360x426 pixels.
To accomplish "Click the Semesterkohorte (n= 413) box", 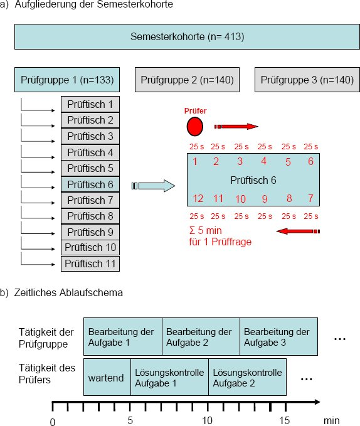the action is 187,36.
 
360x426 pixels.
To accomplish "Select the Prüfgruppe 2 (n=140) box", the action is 187,80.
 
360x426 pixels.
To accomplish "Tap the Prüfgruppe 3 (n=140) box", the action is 307,80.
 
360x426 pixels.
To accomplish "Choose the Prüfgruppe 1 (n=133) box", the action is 67,80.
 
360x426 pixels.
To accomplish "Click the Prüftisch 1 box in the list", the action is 90,104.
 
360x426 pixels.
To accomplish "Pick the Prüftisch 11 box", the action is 90,264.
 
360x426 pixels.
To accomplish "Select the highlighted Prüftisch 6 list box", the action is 90,184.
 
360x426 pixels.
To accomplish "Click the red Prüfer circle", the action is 194,127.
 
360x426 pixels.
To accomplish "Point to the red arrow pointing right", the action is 236,126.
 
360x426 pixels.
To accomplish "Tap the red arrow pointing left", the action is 298,232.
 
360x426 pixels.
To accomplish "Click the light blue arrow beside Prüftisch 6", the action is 153,186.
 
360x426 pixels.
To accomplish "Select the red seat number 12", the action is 198,199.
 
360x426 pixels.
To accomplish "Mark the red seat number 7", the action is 310,198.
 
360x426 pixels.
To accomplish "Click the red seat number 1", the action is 195,161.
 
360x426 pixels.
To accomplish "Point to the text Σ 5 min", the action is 206,231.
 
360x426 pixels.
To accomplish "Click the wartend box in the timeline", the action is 107,377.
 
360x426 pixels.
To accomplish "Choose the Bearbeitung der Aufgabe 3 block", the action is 279,336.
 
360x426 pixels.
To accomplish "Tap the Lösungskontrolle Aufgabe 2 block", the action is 247,377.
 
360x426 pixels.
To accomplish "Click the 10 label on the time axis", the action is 207,420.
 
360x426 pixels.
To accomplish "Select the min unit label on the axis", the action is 332,420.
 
